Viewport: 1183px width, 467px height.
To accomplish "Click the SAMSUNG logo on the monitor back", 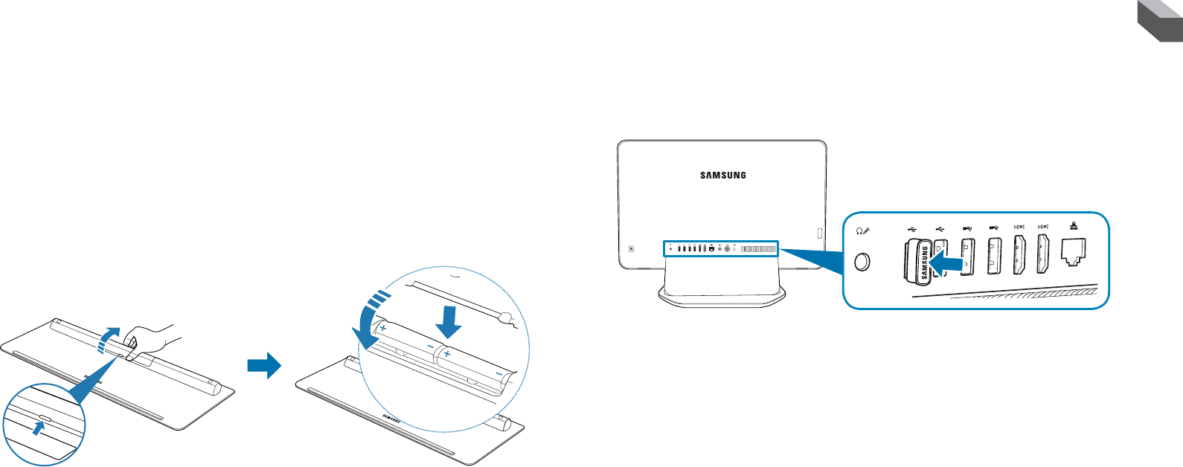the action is tap(722, 175).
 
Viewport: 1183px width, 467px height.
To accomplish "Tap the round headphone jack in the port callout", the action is tap(863, 262).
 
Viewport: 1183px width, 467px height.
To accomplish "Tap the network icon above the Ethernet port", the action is tap(1074, 227).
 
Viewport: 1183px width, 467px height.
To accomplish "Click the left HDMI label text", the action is tap(1019, 227).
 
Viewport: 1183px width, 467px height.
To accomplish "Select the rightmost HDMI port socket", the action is tap(1043, 254).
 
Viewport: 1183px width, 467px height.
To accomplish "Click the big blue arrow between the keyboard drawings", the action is tap(264, 365).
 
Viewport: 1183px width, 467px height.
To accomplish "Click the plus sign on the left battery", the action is tap(383, 327).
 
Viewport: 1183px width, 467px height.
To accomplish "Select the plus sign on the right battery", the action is tap(447, 355).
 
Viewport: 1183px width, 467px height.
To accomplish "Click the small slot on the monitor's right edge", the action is tap(819, 233).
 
